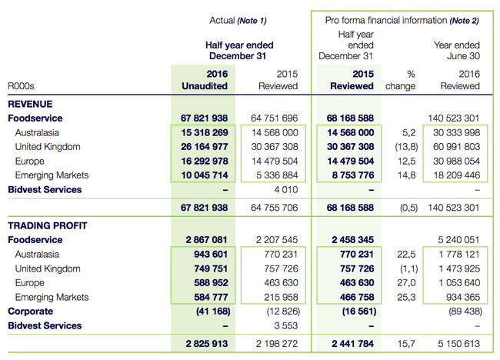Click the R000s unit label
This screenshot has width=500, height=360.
pyautogui.click(x=21, y=86)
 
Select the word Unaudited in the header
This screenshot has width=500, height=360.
pyautogui.click(x=205, y=86)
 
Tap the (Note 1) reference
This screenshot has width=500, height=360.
pyautogui.click(x=252, y=21)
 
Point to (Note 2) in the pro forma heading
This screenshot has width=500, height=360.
pyautogui.click(x=465, y=21)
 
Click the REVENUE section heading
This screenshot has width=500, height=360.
pyautogui.click(x=30, y=104)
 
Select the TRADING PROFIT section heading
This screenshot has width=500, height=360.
pyautogui.click(x=48, y=225)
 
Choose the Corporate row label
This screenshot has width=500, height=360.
pyautogui.click(x=31, y=312)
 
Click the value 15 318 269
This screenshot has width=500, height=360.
pyautogui.click(x=205, y=132)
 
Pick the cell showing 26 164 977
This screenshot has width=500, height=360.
pyautogui.click(x=205, y=147)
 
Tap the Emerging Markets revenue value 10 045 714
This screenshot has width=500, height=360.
pyautogui.click(x=205, y=175)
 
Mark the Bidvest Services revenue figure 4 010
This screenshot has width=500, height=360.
pyautogui.click(x=286, y=190)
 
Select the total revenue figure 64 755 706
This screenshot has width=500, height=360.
pyautogui.click(x=275, y=208)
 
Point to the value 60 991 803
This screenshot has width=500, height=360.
pyautogui.click(x=456, y=147)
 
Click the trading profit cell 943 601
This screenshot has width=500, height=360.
pyautogui.click(x=211, y=254)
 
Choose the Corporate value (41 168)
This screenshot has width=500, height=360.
pyautogui.click(x=213, y=312)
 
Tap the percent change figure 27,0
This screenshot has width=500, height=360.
pyautogui.click(x=406, y=283)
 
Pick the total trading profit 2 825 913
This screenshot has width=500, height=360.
pyautogui.click(x=207, y=344)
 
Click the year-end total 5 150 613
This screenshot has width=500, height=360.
pyautogui.click(x=459, y=344)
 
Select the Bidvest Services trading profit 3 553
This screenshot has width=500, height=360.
pyautogui.click(x=286, y=325)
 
